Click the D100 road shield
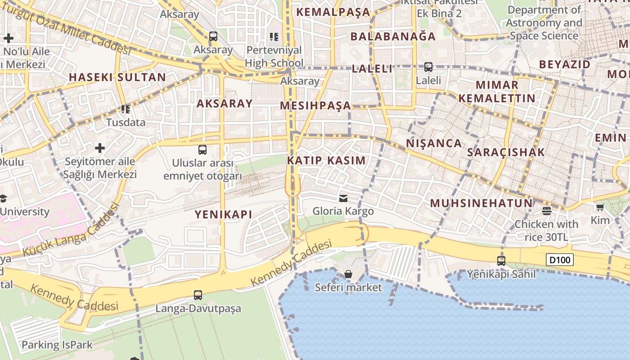point(560,260)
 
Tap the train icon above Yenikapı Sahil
point(501,261)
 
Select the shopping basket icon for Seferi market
point(348,274)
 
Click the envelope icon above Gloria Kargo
point(343,198)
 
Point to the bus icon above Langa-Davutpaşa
point(198,295)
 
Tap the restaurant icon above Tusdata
point(125,109)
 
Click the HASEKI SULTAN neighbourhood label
point(117,77)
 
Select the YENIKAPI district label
point(223,215)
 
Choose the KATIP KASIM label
point(326,161)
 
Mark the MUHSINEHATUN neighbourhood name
point(481,203)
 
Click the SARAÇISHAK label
point(506,153)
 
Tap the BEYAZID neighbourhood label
point(565,64)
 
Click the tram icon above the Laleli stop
point(428,67)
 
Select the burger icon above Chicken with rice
point(547,211)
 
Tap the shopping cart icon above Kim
point(600,207)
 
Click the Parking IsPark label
point(57,345)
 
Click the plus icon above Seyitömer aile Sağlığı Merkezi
point(100,148)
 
